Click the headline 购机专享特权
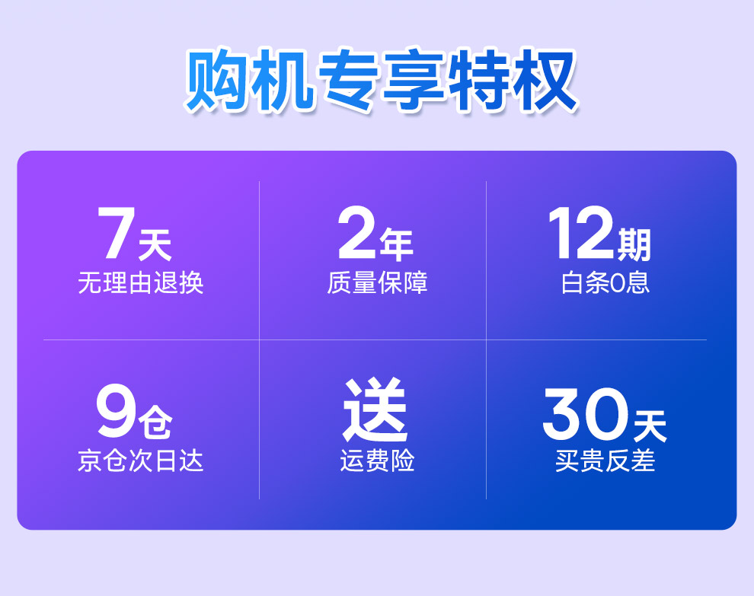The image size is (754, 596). [x=382, y=80]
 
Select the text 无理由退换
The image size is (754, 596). [x=140, y=282]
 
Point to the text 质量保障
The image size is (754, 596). [x=377, y=282]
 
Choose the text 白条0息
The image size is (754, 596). [x=605, y=282]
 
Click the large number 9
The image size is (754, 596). [x=116, y=411]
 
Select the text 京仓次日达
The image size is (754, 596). [x=140, y=461]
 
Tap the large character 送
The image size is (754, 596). [x=375, y=410]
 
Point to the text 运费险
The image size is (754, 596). [x=377, y=461]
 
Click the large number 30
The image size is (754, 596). [x=585, y=413]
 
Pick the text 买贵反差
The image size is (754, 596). [x=605, y=461]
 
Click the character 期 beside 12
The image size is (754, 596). [x=634, y=245]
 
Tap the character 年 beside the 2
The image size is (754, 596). [x=396, y=245]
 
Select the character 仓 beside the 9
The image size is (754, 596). [x=155, y=422]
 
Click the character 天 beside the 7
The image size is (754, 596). [x=155, y=245]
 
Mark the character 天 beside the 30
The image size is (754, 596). [x=650, y=425]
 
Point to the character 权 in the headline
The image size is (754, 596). [x=545, y=80]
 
